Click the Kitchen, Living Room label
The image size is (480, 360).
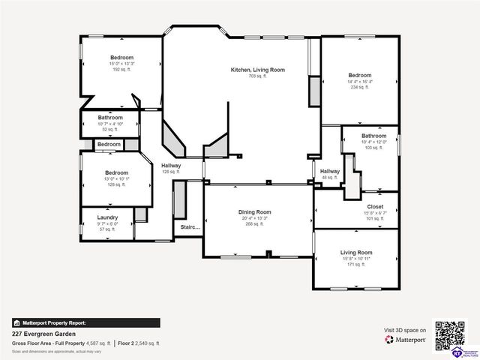257,70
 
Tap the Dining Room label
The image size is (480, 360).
254,212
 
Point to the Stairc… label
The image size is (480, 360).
190,227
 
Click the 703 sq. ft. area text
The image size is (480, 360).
257,76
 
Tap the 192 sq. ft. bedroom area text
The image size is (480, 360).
121,70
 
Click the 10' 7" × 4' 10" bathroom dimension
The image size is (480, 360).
109,124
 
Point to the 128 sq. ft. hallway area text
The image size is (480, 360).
171,172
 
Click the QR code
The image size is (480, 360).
450,335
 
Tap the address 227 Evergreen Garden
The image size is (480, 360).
42,334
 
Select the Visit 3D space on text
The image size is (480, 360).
405,330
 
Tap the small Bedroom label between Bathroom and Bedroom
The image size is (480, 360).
108,144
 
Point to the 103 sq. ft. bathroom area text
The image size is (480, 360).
373,148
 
